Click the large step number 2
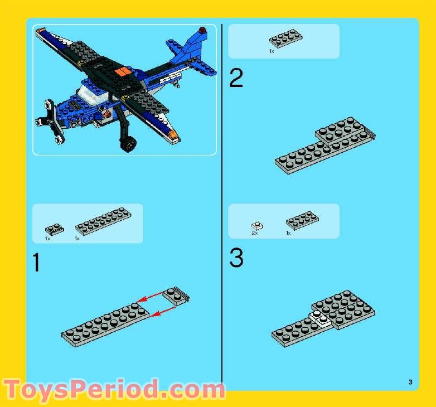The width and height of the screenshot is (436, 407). pos(236,79)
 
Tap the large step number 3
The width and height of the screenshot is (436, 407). pos(236,259)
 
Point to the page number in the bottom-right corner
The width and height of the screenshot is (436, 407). pos(410,382)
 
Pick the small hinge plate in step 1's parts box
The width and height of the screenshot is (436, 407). pos(54,228)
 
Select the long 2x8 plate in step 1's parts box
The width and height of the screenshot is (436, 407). pos(103,221)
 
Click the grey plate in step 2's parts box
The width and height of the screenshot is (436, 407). pos(285,39)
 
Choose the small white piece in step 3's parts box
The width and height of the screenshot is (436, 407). pos(257,226)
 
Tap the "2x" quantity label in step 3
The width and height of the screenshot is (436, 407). pos(255,234)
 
